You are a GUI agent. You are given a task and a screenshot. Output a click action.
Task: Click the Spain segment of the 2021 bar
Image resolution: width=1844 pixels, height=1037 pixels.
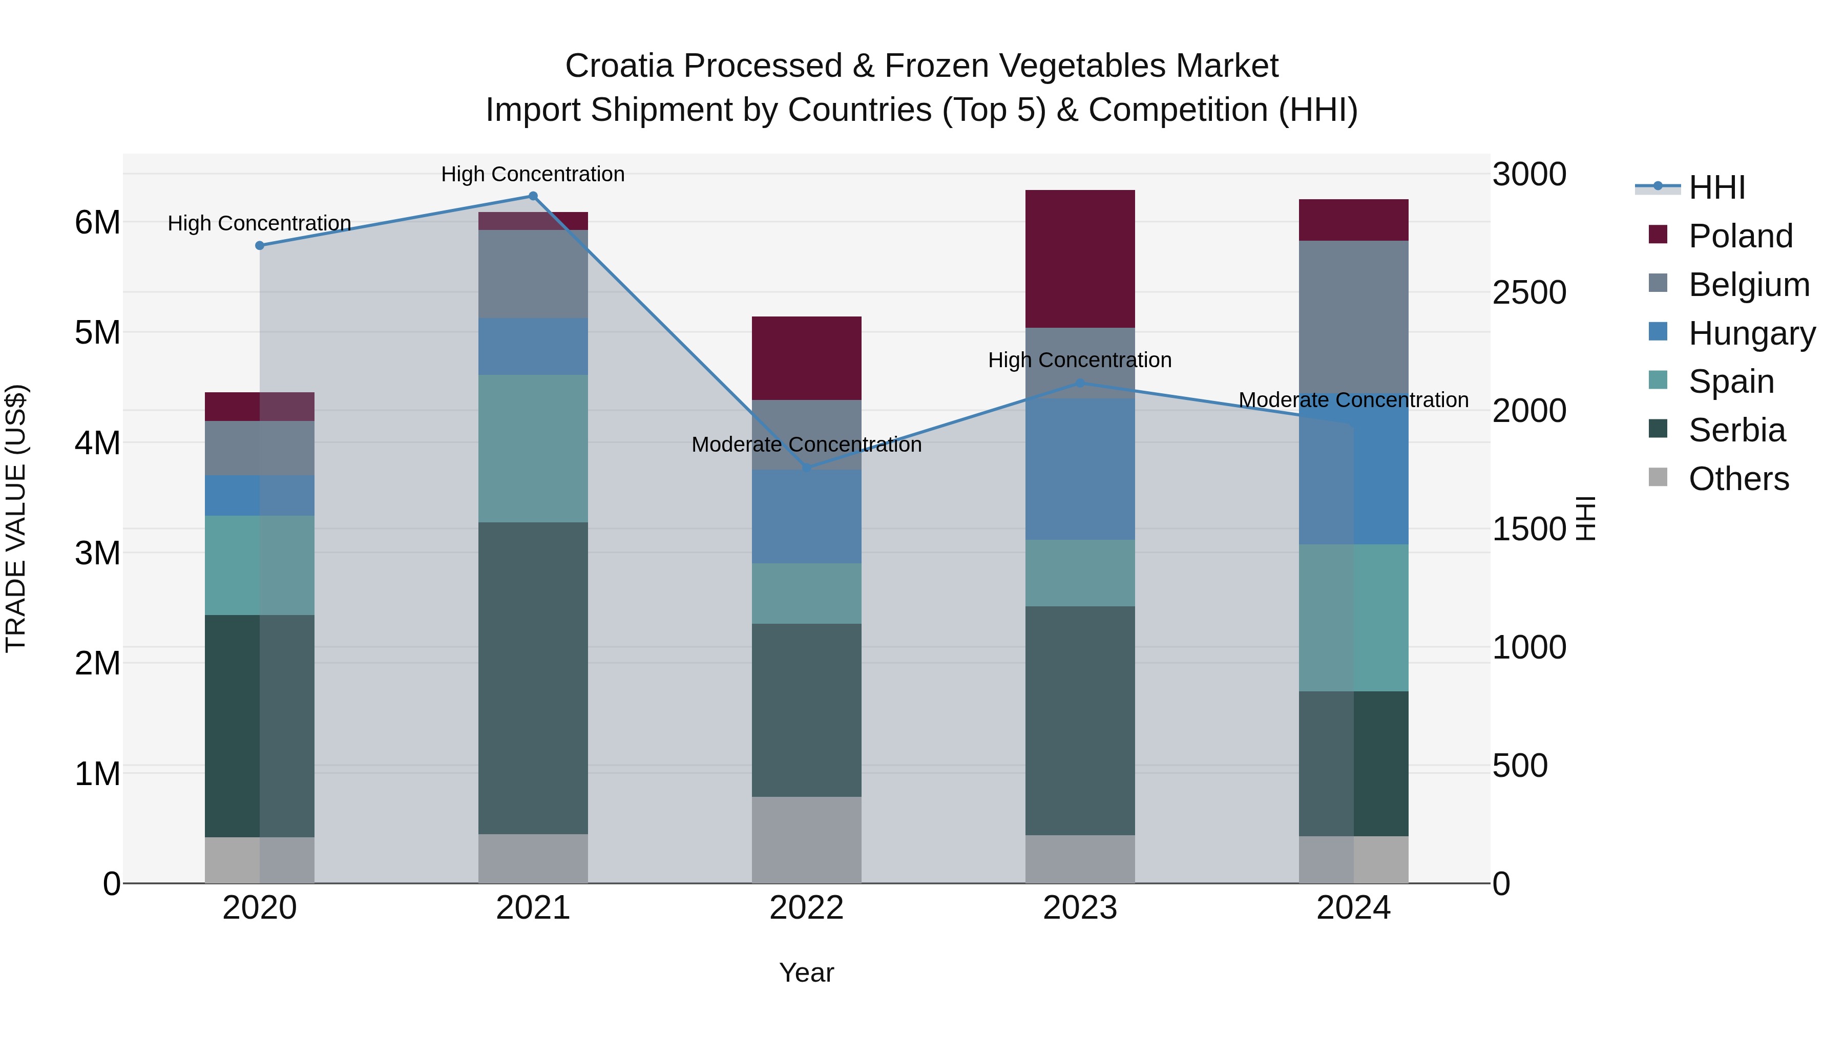point(533,448)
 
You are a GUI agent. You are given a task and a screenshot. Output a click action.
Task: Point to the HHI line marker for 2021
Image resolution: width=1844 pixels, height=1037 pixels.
point(533,196)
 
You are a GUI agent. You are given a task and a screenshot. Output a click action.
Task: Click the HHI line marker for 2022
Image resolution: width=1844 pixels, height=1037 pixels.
point(806,468)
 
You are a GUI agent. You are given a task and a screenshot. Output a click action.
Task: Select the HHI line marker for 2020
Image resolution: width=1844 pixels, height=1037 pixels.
point(260,245)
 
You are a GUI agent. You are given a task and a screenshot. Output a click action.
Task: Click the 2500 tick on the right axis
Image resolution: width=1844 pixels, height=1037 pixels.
point(1529,293)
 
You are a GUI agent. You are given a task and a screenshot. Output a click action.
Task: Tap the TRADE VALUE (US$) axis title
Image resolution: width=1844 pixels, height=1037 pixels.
point(16,518)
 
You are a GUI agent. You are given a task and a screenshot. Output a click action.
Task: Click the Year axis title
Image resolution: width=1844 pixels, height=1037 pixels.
point(806,972)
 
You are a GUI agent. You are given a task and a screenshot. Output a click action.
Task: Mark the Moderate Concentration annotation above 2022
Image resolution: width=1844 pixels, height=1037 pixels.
point(806,445)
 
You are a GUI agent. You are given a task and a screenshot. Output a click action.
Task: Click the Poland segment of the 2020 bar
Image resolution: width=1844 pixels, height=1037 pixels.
point(259,407)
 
